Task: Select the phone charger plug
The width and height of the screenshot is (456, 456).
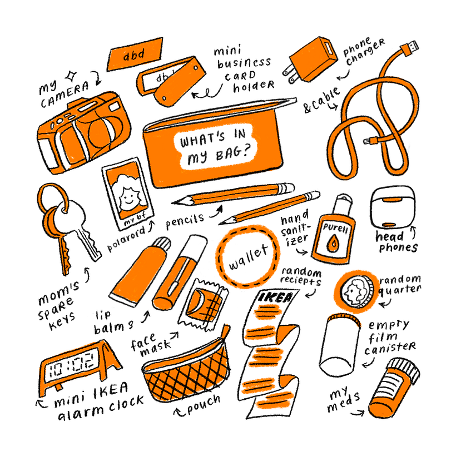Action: [311, 60]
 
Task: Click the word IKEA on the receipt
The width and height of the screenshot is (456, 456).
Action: [275, 297]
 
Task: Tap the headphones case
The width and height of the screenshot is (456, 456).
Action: [393, 206]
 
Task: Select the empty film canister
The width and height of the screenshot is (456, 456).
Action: [340, 345]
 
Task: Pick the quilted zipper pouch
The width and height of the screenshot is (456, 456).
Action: [186, 368]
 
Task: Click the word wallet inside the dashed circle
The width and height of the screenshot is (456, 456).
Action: [248, 257]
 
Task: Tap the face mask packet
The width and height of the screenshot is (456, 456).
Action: [202, 305]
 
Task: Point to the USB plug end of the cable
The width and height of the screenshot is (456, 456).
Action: [410, 48]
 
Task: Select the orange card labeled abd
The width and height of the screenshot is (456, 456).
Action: [135, 54]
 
